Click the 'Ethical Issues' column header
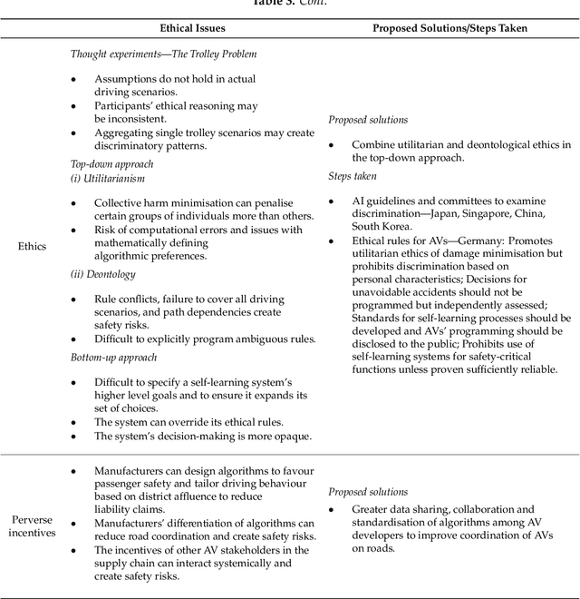point(193,28)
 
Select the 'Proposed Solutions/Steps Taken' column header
point(449,28)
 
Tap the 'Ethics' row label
point(32,245)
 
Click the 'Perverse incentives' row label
point(32,525)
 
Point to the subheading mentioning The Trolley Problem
point(163,54)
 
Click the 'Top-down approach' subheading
point(111,164)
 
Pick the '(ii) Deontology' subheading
point(103,274)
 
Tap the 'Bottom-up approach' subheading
point(114,358)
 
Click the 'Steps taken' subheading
point(353,176)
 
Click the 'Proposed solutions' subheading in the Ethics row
point(368,120)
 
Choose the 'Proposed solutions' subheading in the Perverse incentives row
point(368,491)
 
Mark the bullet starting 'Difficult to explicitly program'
point(205,339)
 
